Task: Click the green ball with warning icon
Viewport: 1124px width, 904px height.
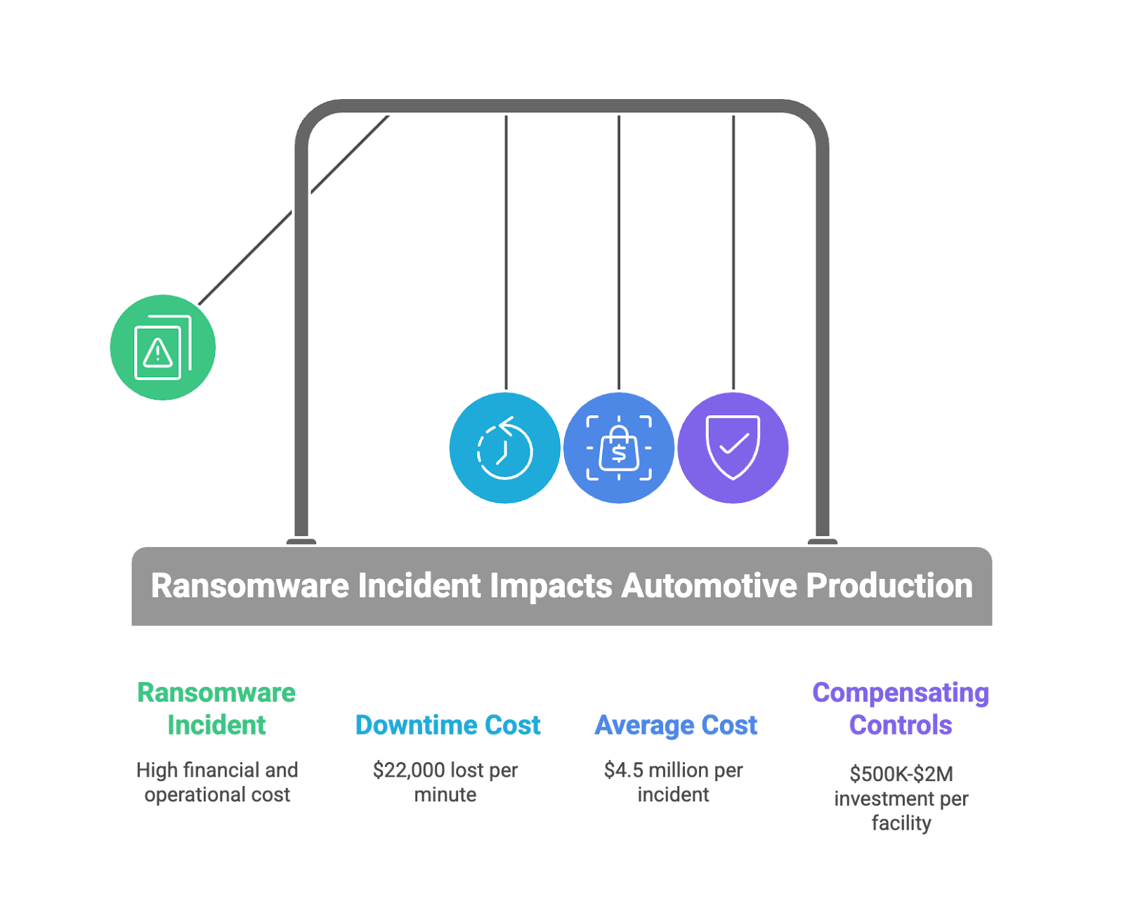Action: tap(163, 347)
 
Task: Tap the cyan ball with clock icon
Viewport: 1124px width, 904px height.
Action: tap(505, 448)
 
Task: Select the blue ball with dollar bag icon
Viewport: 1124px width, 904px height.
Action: tap(619, 448)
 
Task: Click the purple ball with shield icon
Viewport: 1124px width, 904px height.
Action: tap(733, 448)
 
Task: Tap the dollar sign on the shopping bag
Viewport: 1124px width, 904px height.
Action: tap(619, 453)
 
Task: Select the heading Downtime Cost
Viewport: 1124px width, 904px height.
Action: tap(447, 726)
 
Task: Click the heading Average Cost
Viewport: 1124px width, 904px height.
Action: tap(676, 726)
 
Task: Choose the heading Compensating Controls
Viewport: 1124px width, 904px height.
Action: tap(901, 709)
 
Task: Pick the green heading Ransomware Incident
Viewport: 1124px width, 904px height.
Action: tap(216, 709)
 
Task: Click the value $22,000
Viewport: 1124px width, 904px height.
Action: tap(409, 771)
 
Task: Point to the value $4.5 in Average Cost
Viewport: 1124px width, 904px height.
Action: tap(624, 771)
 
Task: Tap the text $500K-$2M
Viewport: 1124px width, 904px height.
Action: tap(901, 774)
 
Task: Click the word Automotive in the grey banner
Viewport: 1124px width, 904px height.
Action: tap(710, 585)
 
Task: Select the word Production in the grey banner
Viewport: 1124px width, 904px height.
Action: tap(889, 585)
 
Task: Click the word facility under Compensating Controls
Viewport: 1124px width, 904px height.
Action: tap(901, 824)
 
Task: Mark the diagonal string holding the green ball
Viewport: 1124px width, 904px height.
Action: tap(294, 210)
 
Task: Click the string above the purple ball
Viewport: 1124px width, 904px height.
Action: tap(733, 252)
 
